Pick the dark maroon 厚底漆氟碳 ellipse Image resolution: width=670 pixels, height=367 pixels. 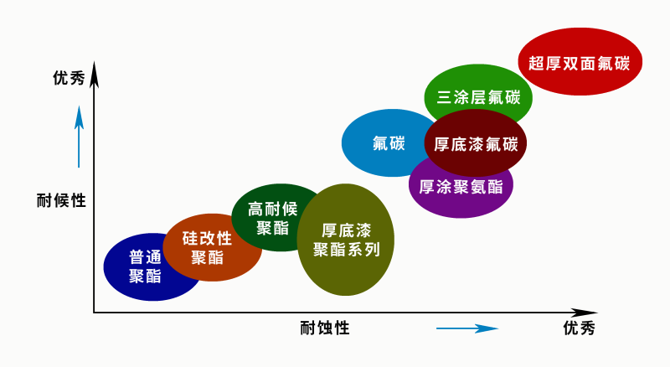pyautogui.click(x=476, y=143)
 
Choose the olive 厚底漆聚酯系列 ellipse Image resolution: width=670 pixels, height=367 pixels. pyautogui.click(x=346, y=240)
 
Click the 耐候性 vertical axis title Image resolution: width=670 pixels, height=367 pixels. pyautogui.click(x=61, y=201)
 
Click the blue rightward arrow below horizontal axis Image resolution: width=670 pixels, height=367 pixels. pyautogui.click(x=466, y=328)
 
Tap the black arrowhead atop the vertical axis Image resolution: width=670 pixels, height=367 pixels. pyautogui.click(x=95, y=75)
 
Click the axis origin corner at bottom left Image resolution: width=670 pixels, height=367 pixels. pyautogui.click(x=95, y=313)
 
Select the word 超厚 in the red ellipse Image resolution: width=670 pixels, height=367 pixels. pyautogui.click(x=544, y=62)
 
